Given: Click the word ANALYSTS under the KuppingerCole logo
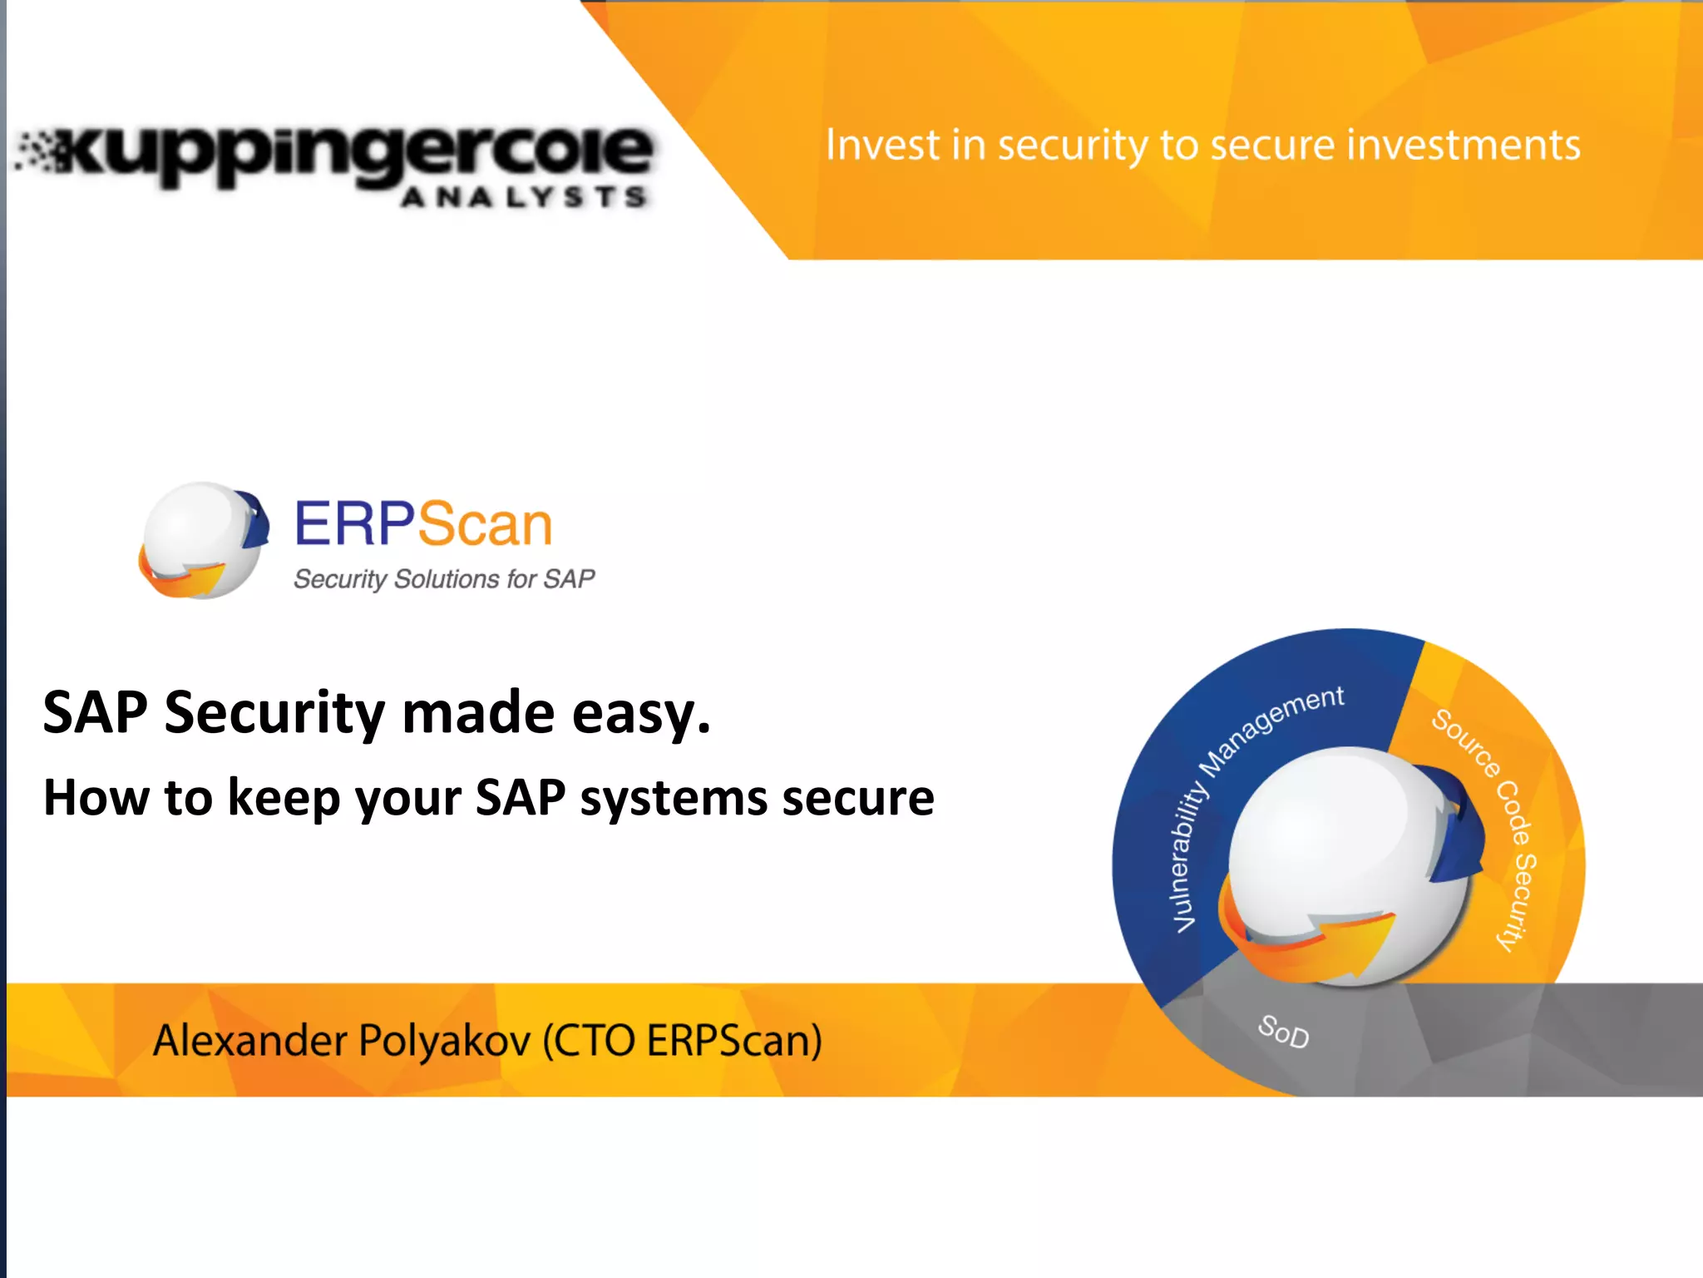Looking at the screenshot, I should [524, 197].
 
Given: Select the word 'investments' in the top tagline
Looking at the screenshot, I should [1464, 145].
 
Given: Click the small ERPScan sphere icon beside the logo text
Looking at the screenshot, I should [203, 541].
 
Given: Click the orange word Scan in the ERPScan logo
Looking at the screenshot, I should [485, 525].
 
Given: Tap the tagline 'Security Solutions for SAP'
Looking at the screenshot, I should [444, 579].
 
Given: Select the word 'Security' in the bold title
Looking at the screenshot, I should [274, 714].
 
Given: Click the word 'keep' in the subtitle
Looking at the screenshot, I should [284, 799].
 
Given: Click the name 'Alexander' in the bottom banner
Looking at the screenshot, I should [249, 1040].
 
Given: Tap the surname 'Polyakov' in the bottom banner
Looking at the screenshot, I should [445, 1040].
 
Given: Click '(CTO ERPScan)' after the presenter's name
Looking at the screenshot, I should [682, 1040].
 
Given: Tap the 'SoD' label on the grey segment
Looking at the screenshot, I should [1283, 1032].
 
